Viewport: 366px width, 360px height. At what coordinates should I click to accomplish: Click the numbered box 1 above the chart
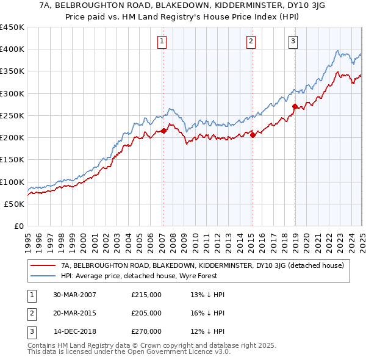162,41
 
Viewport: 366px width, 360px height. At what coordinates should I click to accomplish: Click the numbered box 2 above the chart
251,41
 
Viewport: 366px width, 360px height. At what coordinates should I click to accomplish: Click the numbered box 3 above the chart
293,41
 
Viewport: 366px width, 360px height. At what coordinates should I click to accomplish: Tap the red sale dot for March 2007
164,130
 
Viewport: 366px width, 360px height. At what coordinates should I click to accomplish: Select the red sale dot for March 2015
253,135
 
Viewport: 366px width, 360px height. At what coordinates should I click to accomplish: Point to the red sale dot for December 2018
295,107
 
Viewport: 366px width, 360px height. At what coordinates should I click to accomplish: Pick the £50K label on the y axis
14,204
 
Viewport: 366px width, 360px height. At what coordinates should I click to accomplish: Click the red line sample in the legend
43,265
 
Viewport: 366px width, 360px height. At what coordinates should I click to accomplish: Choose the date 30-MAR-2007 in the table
75,295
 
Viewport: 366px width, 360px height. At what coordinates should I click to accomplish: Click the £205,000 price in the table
146,313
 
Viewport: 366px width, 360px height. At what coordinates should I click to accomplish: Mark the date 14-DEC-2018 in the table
75,331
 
